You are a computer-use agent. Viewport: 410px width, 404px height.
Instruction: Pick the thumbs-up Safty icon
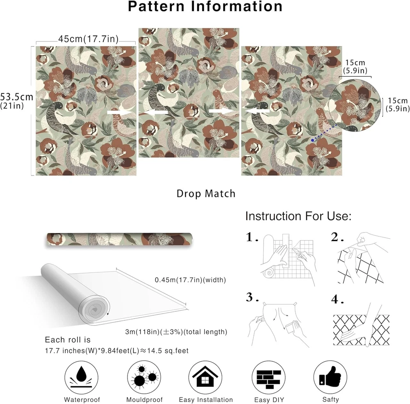click(x=330, y=377)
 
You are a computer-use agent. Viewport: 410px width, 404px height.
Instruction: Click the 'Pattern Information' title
click(x=205, y=6)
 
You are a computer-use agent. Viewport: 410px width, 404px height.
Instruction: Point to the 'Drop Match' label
click(x=206, y=194)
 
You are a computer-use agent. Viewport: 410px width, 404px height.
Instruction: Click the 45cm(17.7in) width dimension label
click(x=89, y=39)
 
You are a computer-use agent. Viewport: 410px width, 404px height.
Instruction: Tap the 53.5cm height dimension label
click(x=16, y=97)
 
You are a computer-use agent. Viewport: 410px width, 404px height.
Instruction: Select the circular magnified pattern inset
click(x=355, y=105)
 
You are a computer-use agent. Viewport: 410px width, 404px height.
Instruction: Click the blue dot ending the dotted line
click(x=313, y=140)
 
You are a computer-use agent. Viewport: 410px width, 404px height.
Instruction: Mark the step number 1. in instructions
click(x=252, y=237)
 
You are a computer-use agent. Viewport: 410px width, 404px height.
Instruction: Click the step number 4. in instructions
click(x=337, y=299)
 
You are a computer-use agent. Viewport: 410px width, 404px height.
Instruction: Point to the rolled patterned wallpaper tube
click(x=119, y=239)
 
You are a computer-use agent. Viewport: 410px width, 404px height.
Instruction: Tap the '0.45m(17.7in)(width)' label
click(x=190, y=280)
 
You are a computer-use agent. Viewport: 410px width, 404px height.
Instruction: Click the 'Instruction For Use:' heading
click(x=298, y=217)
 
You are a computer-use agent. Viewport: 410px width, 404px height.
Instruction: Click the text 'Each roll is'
click(x=68, y=340)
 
